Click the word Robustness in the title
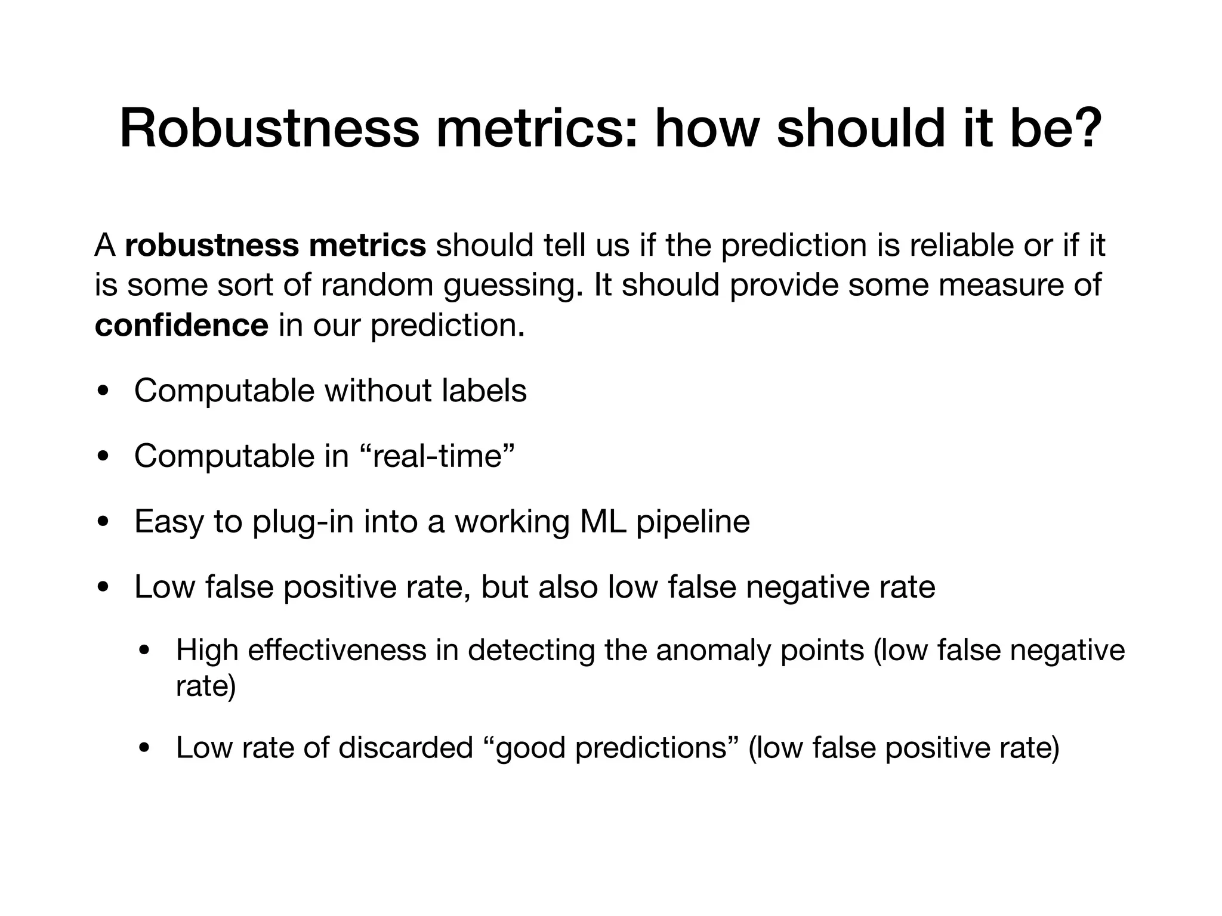270,129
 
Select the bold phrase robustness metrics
275,246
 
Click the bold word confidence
181,326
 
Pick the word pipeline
693,522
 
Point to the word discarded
405,748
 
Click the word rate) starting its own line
206,686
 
